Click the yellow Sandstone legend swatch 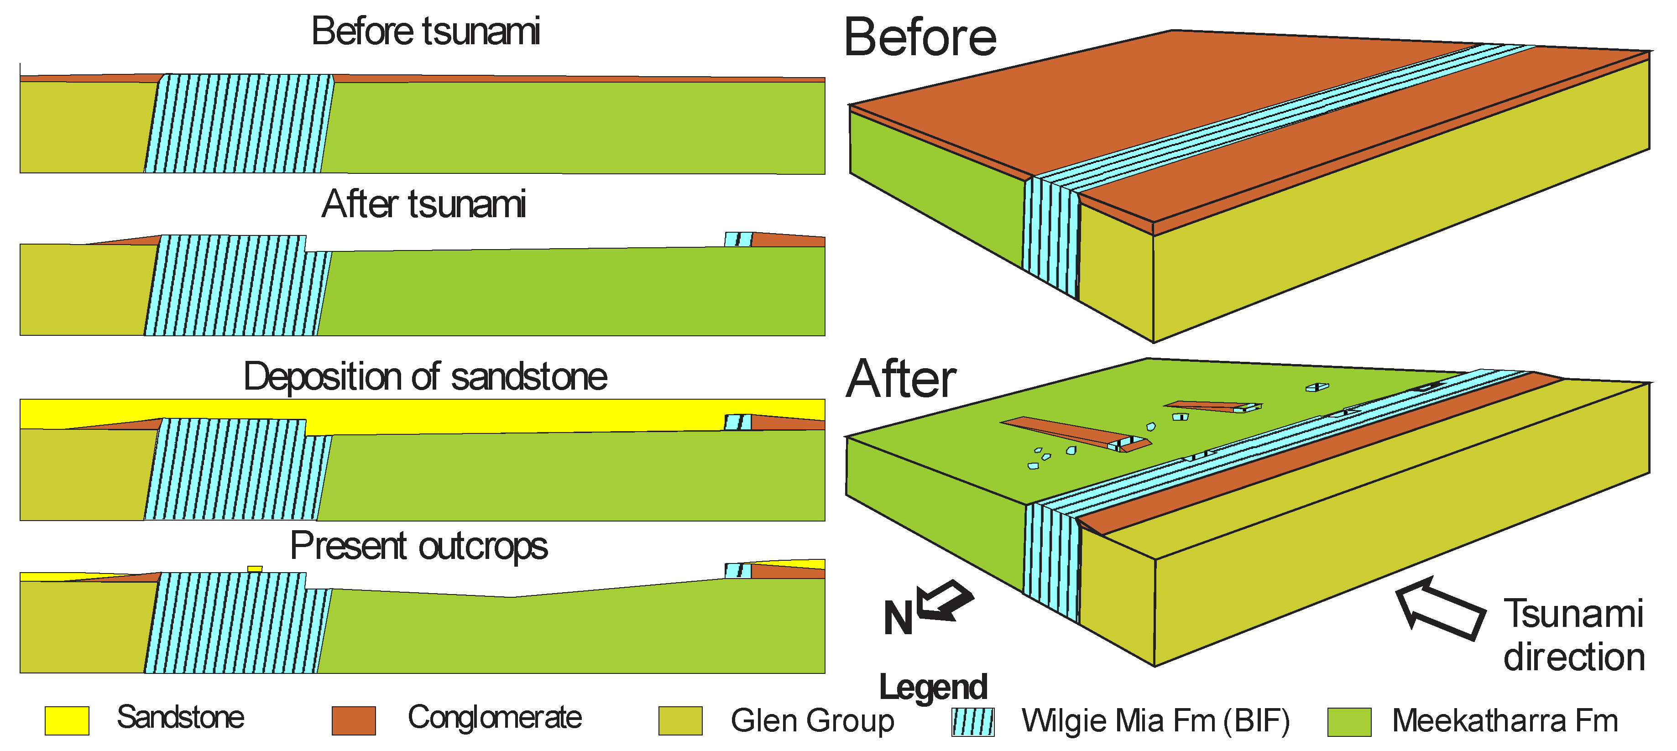67,720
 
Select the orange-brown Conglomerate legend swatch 354,720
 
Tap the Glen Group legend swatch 680,720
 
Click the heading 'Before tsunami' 426,31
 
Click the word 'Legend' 932,687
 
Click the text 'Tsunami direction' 1573,635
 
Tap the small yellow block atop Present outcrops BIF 255,569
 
